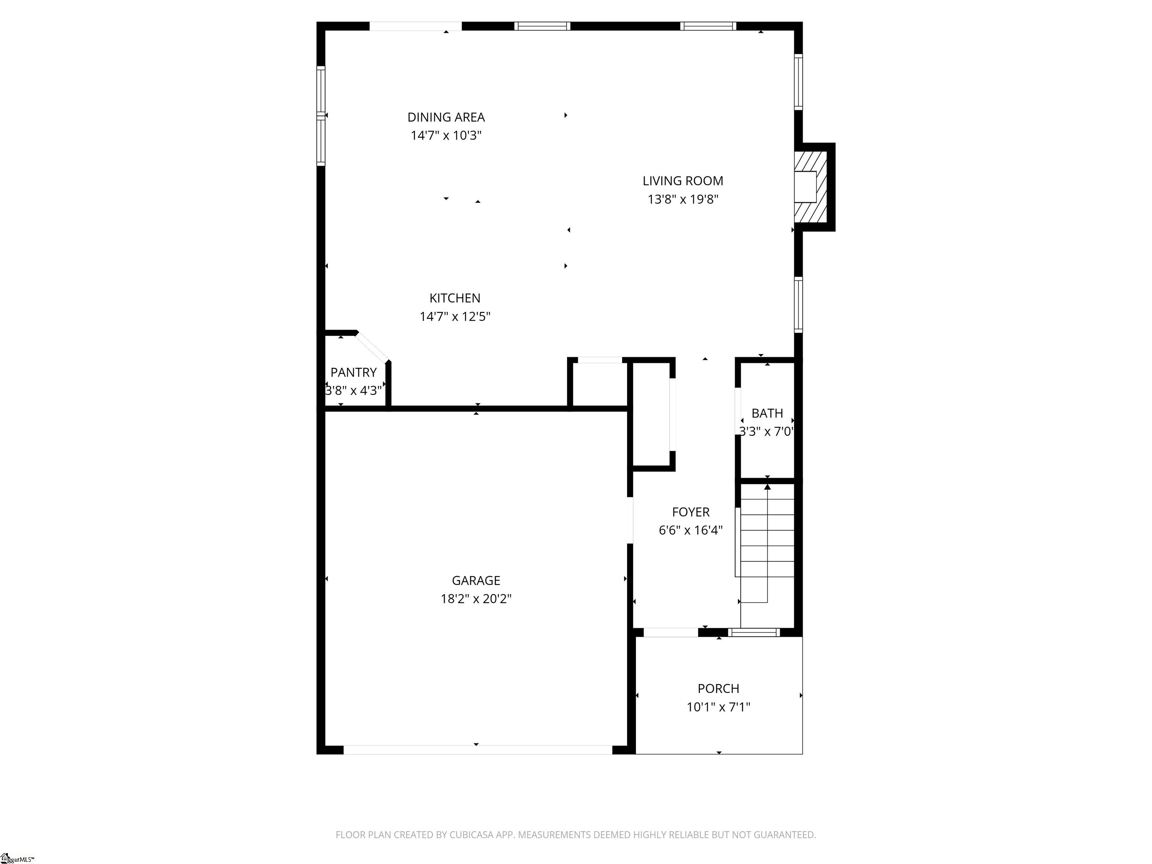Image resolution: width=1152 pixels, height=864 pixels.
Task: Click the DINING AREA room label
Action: click(446, 117)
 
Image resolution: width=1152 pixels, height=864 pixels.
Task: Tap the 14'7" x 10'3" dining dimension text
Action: click(446, 135)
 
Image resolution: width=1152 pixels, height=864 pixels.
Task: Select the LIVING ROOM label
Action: click(683, 181)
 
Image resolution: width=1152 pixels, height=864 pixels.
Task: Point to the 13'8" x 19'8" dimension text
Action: click(683, 199)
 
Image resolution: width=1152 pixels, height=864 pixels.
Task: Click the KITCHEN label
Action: click(454, 298)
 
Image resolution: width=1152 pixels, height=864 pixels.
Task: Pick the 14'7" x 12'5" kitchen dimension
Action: click(454, 316)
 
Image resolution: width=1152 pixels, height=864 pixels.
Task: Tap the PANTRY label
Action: click(353, 372)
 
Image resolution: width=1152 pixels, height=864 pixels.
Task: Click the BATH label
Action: click(767, 413)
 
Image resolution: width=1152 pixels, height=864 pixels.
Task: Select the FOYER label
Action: click(691, 512)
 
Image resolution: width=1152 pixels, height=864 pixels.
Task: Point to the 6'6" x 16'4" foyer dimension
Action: click(691, 530)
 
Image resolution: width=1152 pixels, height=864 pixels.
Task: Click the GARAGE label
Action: click(476, 580)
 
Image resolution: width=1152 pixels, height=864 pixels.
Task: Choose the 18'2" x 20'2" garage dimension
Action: click(476, 598)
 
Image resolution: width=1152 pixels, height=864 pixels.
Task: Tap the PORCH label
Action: click(718, 688)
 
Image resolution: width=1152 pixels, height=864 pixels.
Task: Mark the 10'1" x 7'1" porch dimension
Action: click(718, 707)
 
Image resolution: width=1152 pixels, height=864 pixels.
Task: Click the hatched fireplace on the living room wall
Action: click(810, 186)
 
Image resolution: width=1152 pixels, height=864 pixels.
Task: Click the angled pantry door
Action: click(373, 346)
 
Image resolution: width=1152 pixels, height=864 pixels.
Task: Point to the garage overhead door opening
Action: click(478, 750)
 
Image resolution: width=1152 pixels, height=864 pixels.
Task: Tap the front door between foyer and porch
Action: click(671, 633)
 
